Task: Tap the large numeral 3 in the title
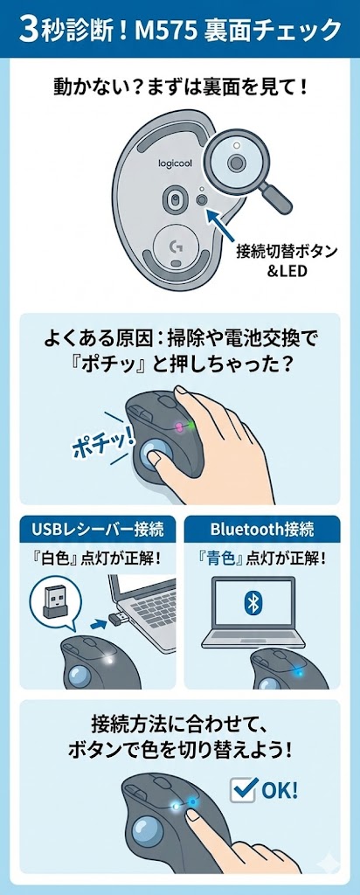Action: (28, 31)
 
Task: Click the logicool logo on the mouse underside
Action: (175, 163)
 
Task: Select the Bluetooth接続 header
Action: (262, 529)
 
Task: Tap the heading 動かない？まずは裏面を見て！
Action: (179, 87)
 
